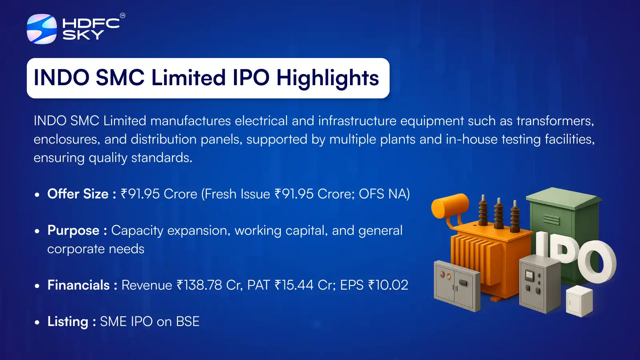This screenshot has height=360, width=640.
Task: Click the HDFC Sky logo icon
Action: point(42,29)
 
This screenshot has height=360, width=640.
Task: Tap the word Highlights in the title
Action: point(328,78)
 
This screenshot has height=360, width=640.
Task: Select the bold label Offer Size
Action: point(78,194)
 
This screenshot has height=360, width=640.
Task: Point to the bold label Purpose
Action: point(74,231)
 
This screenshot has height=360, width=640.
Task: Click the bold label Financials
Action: point(78,285)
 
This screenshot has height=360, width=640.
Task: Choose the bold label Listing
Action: point(68,322)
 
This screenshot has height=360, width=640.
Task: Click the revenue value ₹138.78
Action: point(200,285)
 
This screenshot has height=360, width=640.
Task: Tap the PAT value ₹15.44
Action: point(294,285)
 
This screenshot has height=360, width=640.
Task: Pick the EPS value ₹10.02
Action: point(388,285)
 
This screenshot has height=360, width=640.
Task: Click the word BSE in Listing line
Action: point(188,322)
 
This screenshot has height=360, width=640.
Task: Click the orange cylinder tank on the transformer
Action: point(450,206)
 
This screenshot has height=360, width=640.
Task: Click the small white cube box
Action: point(580,301)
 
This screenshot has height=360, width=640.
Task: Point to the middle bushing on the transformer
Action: point(498,214)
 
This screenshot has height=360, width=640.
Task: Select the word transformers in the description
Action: point(555,121)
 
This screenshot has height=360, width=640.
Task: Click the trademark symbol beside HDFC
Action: point(122,16)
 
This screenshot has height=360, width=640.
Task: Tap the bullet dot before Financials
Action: point(37,286)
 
